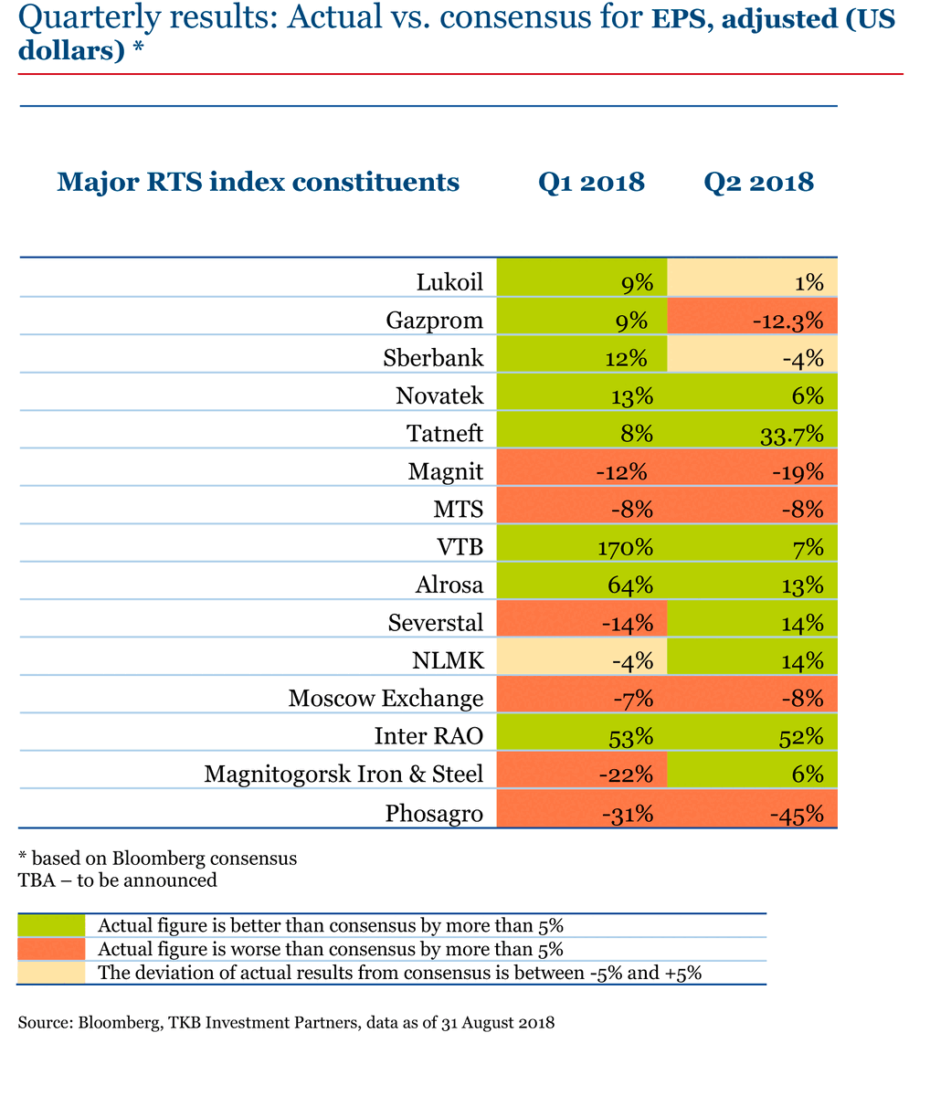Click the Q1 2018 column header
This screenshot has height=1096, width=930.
591,182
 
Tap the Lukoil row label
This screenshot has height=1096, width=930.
449,282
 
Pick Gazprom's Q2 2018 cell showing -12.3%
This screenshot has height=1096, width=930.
753,321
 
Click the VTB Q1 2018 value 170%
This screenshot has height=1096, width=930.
582,547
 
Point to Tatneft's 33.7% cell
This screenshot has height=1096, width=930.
753,434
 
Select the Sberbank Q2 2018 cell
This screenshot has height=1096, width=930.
753,358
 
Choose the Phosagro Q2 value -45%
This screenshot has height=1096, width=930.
753,812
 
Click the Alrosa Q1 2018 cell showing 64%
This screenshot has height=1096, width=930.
582,585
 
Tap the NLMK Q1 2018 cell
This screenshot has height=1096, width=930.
582,660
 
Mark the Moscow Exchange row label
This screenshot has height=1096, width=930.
386,699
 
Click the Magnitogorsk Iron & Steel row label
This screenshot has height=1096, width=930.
343,775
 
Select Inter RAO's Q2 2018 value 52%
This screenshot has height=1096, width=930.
753,736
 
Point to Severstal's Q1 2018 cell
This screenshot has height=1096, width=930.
582,623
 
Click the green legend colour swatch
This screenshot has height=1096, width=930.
51,925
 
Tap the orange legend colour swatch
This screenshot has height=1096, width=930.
51,949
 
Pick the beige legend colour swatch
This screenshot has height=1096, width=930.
51,972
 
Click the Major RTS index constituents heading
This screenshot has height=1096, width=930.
258,182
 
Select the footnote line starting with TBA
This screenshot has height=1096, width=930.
118,880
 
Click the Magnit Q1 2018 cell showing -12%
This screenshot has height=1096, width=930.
582,471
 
